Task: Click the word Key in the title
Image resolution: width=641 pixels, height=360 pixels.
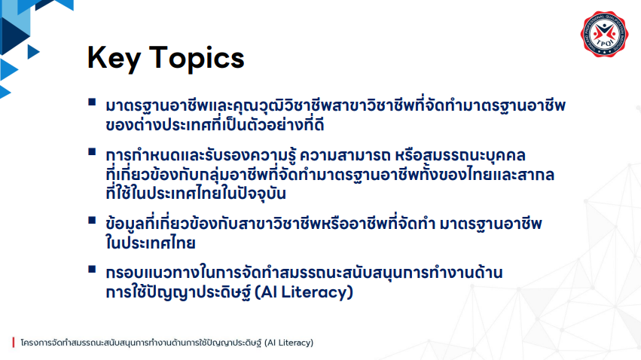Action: (114, 59)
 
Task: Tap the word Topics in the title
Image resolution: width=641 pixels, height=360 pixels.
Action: (197, 59)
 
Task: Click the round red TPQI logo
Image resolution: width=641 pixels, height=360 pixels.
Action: (604, 33)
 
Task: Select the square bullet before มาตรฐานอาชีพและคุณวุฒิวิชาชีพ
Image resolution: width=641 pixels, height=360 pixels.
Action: (92, 102)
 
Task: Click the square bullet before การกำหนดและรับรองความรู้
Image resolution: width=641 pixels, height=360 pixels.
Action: (92, 152)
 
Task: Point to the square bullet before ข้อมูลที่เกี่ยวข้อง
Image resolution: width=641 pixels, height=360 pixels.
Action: (92, 221)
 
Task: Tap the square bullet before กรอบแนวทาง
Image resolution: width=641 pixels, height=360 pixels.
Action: (92, 270)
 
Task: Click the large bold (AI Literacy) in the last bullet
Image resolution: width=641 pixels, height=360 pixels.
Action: (304, 292)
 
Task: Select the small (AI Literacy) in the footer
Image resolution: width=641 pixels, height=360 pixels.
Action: (288, 343)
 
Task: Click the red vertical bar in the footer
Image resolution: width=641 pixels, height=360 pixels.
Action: (14, 343)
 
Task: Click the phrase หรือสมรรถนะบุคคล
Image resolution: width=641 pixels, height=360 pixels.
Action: (460, 155)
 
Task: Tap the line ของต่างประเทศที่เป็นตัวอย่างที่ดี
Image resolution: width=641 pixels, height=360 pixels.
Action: (215, 124)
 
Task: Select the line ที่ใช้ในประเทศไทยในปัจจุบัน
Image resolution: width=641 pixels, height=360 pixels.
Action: (195, 194)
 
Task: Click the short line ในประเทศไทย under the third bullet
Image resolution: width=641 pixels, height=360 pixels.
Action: (151, 243)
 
